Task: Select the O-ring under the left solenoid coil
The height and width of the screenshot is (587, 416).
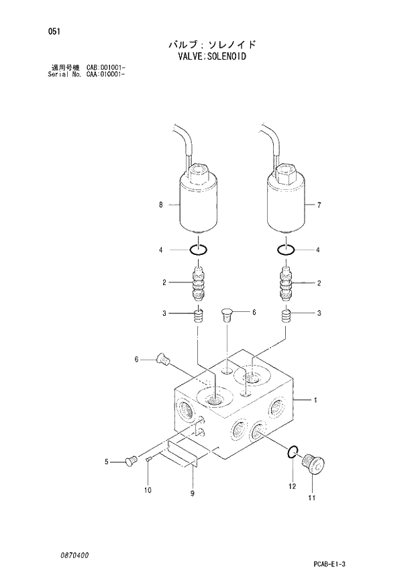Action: pos(197,250)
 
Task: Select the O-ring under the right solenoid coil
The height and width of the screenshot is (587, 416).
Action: pos(288,250)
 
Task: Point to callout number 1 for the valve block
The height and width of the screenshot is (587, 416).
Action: pos(315,401)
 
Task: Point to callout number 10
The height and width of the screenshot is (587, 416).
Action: pos(147,490)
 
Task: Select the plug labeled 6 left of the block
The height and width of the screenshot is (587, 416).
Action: pos(161,360)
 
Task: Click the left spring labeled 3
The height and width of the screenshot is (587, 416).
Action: pos(198,315)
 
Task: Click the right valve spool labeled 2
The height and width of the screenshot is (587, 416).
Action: pos(288,282)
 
